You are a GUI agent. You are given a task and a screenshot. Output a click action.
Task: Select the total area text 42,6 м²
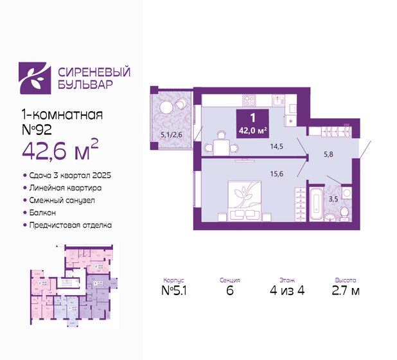58,152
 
